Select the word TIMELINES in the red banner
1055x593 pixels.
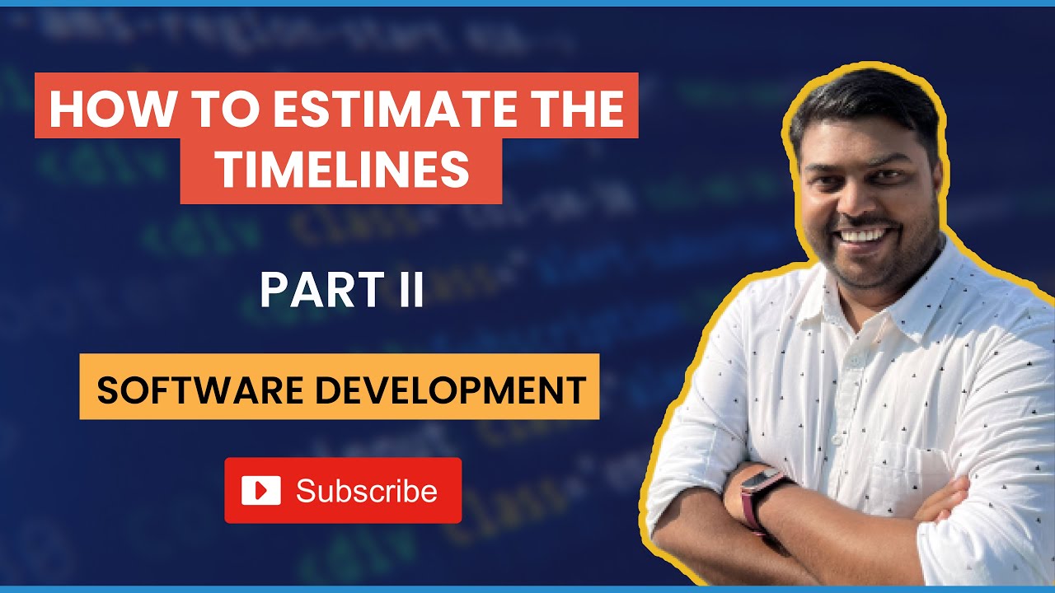pos(341,170)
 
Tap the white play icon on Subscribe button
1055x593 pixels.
pos(260,491)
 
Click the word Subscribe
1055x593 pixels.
pos(366,491)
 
